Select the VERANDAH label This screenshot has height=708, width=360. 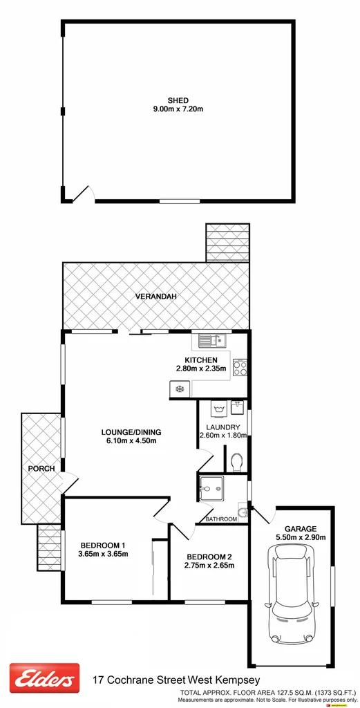[155, 297]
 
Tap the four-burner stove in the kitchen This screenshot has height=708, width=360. [240, 367]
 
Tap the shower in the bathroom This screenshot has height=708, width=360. [211, 489]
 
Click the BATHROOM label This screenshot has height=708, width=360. [221, 519]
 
